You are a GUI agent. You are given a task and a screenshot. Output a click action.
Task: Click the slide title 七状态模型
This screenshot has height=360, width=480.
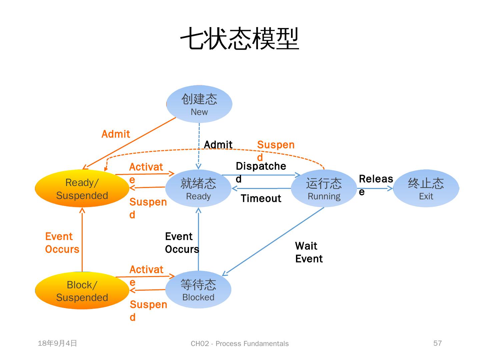click(239, 39)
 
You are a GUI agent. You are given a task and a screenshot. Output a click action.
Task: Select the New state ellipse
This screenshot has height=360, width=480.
click(199, 104)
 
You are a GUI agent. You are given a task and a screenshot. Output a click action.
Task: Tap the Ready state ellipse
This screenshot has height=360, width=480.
click(198, 188)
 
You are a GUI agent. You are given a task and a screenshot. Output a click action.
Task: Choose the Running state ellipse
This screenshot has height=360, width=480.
click(324, 188)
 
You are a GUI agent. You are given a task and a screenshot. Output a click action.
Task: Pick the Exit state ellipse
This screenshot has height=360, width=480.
click(426, 188)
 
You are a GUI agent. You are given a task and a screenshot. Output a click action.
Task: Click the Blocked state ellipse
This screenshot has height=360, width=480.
click(198, 290)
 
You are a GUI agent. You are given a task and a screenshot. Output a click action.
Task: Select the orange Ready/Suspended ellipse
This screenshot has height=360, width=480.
click(82, 189)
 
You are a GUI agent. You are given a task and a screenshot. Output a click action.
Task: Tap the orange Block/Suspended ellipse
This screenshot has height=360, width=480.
click(82, 291)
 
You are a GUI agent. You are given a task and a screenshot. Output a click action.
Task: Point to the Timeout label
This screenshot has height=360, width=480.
click(261, 199)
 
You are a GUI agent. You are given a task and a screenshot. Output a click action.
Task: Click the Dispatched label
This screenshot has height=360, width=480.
click(261, 166)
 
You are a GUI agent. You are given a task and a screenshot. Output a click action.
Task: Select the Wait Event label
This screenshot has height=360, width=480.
click(309, 252)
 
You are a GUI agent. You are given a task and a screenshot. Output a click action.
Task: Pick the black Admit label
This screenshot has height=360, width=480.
click(218, 145)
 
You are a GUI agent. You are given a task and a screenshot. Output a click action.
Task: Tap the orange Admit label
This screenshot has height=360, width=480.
click(115, 134)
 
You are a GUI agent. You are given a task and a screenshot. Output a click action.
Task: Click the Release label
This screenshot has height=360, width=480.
click(376, 179)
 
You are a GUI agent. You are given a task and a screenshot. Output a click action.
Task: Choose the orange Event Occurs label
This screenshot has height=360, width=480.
click(62, 243)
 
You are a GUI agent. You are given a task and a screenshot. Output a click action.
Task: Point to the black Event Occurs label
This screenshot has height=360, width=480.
click(182, 243)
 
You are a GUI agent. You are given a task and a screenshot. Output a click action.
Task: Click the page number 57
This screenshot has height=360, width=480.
click(437, 343)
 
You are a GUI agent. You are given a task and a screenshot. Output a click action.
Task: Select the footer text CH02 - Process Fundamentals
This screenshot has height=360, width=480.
click(240, 344)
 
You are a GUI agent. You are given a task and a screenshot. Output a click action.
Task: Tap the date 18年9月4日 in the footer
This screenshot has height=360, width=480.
click(57, 343)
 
